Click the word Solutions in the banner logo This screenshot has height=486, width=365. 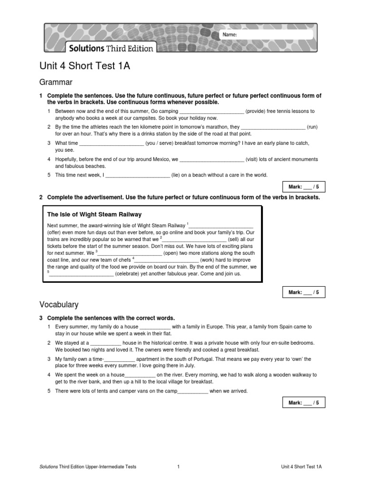(x=86, y=48)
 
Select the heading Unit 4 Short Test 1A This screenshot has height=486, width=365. (x=85, y=66)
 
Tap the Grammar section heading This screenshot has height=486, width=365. (x=56, y=82)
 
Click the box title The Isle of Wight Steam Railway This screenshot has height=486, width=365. (x=95, y=215)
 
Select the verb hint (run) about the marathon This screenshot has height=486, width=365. (x=312, y=127)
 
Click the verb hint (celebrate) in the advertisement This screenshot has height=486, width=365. (x=131, y=274)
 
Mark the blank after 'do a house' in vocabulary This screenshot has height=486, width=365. (x=155, y=327)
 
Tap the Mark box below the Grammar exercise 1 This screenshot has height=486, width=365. (x=304, y=187)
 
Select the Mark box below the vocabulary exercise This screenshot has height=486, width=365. (x=304, y=403)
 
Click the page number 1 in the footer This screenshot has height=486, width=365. (x=178, y=467)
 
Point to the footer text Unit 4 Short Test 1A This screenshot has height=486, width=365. (x=301, y=467)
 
